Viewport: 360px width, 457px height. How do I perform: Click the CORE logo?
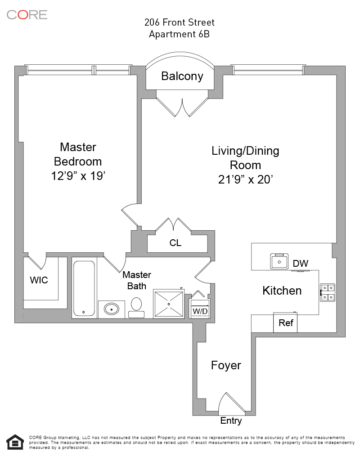click(27, 14)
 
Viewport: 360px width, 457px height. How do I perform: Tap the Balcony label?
click(182, 76)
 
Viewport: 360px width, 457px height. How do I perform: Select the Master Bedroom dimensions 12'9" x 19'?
click(78, 176)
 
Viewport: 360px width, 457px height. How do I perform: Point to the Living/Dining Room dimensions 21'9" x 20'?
click(245, 179)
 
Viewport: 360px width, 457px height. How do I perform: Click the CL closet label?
click(175, 243)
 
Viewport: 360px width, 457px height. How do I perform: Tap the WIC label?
click(39, 280)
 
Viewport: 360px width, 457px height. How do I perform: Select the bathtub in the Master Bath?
click(84, 289)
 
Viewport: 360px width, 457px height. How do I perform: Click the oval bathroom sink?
click(111, 309)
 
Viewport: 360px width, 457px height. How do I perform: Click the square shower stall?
click(169, 304)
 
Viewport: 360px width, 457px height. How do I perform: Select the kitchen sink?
click(279, 261)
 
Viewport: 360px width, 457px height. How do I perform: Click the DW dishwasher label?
click(300, 264)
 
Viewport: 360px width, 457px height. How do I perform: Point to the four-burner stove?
click(327, 292)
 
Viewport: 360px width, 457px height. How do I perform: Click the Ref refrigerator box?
click(286, 323)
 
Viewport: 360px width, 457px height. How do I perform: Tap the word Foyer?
click(226, 365)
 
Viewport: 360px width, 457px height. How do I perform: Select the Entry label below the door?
click(231, 421)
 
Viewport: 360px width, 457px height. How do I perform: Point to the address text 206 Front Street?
click(180, 22)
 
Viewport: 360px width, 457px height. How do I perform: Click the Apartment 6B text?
click(180, 34)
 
